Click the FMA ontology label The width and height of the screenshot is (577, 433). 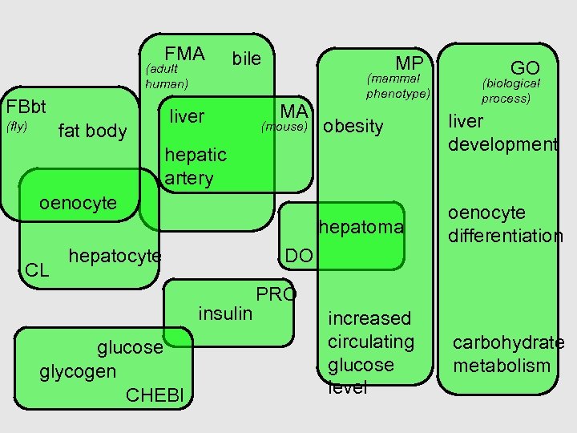coord(185,54)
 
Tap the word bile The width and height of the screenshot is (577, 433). coord(246,59)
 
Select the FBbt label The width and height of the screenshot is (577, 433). coord(26,107)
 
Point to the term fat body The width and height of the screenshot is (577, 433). coord(93,131)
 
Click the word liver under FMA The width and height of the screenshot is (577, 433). coord(188,117)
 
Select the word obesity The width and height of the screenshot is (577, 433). coord(353,127)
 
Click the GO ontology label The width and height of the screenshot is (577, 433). coord(525,68)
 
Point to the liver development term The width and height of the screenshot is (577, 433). coord(502,133)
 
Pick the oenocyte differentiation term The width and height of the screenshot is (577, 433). coord(505,224)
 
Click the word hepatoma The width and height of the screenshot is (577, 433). coord(361,228)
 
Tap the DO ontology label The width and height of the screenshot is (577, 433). coord(299,256)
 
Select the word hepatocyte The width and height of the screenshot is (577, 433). coord(115,256)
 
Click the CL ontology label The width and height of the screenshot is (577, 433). coord(36,270)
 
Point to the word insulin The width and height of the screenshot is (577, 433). coord(225,313)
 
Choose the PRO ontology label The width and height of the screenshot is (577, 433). coord(276,294)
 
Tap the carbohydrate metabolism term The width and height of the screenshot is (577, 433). coord(508,354)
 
